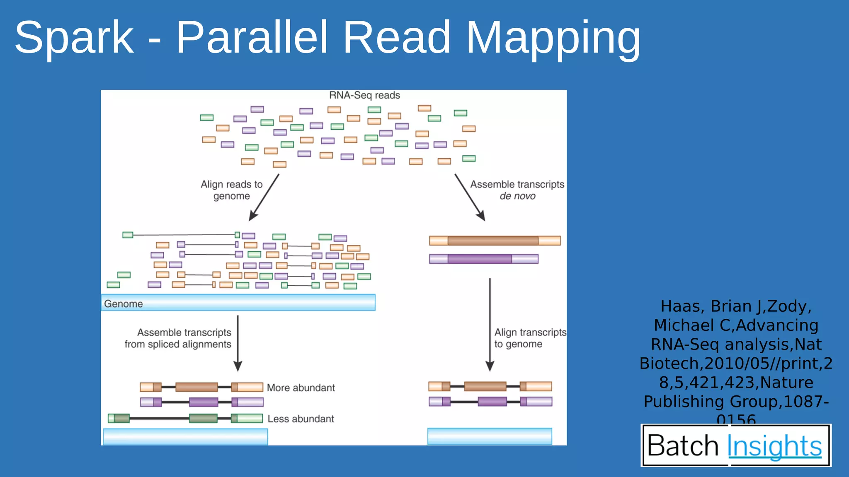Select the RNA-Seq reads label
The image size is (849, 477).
click(364, 95)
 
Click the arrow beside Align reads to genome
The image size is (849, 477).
click(264, 197)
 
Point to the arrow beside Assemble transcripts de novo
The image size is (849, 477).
click(470, 197)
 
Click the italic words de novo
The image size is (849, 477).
click(517, 196)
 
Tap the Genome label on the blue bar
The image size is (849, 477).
click(124, 304)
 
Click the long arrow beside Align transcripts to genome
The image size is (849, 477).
click(490, 325)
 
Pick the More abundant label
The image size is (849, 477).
click(301, 388)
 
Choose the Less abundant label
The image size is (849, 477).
click(301, 419)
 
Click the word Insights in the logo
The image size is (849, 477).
click(774, 446)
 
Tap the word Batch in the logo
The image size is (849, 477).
click(683, 446)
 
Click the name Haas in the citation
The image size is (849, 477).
click(680, 306)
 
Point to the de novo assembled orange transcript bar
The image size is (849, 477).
click(495, 241)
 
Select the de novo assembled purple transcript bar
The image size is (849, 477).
click(483, 259)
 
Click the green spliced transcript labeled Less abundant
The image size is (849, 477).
click(185, 419)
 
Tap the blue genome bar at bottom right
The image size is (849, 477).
click(490, 436)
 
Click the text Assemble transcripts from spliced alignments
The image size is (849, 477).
click(178, 338)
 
